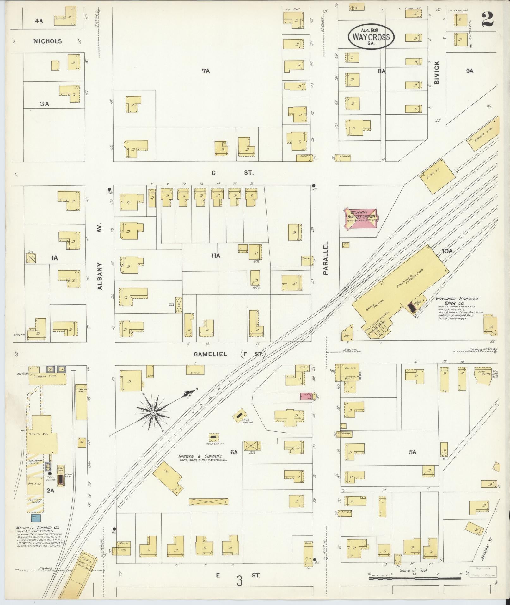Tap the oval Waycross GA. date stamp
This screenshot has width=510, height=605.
[x=371, y=37]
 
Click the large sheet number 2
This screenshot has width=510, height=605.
[x=488, y=20]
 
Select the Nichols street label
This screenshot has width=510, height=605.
[x=47, y=41]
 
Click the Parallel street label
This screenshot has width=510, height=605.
[x=326, y=258]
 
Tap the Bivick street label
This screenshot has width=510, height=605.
[x=437, y=72]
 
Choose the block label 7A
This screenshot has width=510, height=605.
[x=206, y=71]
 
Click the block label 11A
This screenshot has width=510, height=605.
[x=216, y=256]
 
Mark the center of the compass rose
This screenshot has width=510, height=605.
[x=153, y=413]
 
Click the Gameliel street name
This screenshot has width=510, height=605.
[x=210, y=354]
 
